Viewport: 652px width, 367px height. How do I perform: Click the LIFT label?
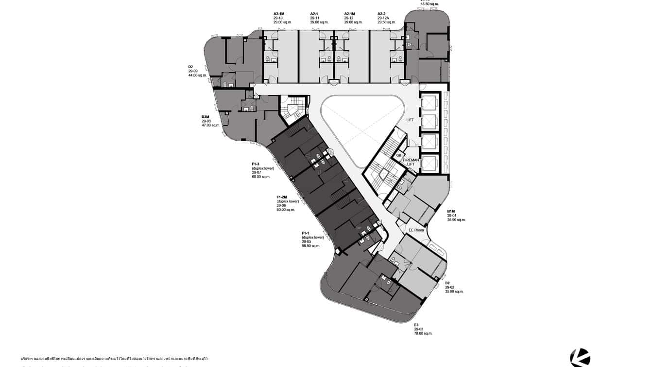pyautogui.click(x=410, y=120)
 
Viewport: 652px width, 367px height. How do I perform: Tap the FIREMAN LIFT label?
pyautogui.click(x=411, y=162)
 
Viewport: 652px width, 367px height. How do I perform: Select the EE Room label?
pyautogui.click(x=416, y=230)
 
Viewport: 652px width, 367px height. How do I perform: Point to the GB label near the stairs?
pyautogui.click(x=398, y=155)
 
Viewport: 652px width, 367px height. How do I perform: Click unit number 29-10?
pyautogui.click(x=278, y=18)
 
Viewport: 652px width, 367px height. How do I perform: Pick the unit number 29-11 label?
pyautogui.click(x=314, y=18)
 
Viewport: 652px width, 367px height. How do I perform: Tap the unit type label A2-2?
pyautogui.click(x=383, y=14)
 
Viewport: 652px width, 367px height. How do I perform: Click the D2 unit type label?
pyautogui.click(x=191, y=67)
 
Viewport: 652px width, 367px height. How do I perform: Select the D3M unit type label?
pyautogui.click(x=206, y=117)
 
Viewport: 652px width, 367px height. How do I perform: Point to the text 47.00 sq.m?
pyautogui.click(x=211, y=125)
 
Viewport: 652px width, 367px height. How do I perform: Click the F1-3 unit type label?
pyautogui.click(x=256, y=164)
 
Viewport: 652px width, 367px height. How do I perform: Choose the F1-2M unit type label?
pyautogui.click(x=282, y=197)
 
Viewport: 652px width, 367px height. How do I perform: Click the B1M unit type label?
pyautogui.click(x=451, y=211)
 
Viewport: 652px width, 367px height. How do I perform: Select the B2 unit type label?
pyautogui.click(x=447, y=283)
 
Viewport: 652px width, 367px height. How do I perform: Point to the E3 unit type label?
pyautogui.click(x=416, y=325)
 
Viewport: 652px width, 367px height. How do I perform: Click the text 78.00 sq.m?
pyautogui.click(x=423, y=333)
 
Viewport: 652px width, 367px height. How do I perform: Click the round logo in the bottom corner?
pyautogui.click(x=580, y=358)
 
